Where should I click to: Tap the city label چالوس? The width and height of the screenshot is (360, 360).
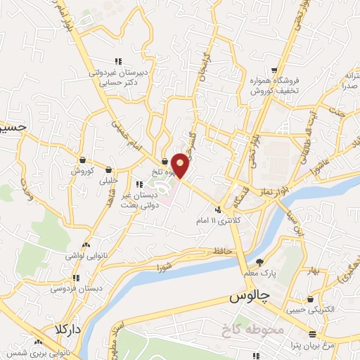(x=250, y=297)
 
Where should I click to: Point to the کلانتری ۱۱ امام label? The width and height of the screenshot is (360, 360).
(x=221, y=220)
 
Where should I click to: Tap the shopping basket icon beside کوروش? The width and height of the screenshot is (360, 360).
(x=82, y=160)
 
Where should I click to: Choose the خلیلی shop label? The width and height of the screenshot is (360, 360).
(x=109, y=179)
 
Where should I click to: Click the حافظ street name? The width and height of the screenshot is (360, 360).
(x=221, y=250)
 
